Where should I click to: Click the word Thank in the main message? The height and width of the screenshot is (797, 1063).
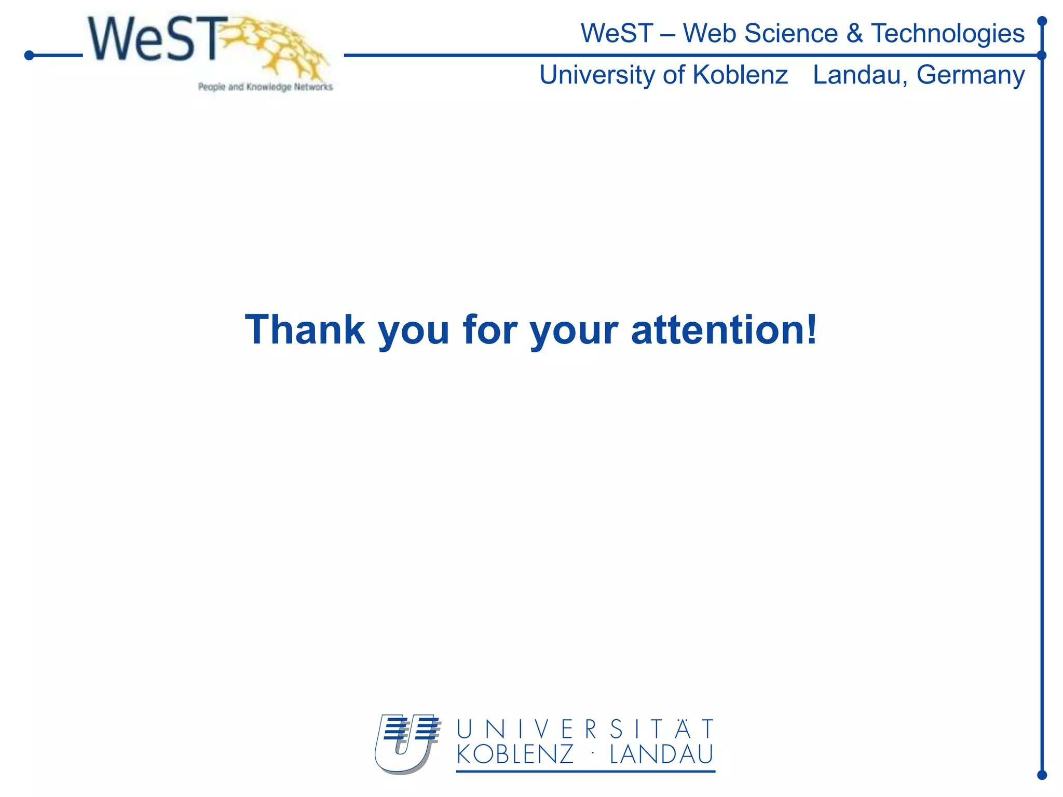point(305,330)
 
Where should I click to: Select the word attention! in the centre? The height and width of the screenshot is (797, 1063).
point(724,330)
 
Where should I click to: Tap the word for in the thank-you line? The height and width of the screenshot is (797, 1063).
point(489,330)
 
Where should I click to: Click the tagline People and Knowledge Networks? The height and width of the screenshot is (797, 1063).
point(265,87)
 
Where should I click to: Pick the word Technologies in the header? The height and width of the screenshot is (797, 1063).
point(948,34)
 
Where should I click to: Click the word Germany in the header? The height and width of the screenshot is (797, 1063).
point(971,75)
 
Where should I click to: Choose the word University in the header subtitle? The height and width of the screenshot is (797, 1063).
point(597,75)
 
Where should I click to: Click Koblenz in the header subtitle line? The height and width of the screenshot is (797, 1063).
point(740,75)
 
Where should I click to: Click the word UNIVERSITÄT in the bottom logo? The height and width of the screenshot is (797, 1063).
point(585,730)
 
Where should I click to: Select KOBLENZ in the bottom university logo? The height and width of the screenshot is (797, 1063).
point(515,755)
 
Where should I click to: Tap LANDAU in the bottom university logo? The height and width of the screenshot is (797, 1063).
point(662,755)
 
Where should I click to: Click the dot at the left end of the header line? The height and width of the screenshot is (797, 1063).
point(29,55)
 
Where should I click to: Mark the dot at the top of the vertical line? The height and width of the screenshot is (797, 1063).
point(1042,21)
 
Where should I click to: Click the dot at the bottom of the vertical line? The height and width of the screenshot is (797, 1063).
point(1042,775)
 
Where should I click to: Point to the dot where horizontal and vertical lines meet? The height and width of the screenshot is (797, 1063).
point(1042,55)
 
